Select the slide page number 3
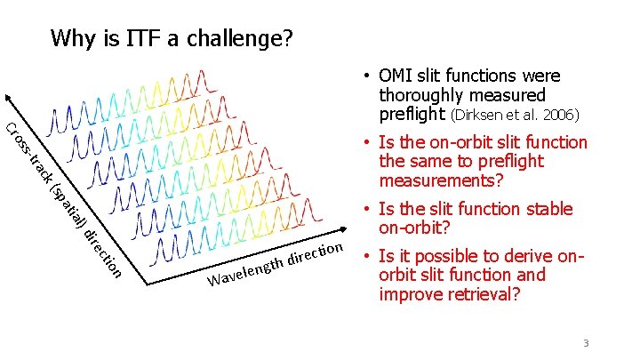tap(586, 344)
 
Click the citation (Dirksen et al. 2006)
tap(516, 116)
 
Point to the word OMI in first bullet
tap(396, 76)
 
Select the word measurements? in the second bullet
tap(442, 180)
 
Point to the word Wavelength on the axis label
tap(245, 273)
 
